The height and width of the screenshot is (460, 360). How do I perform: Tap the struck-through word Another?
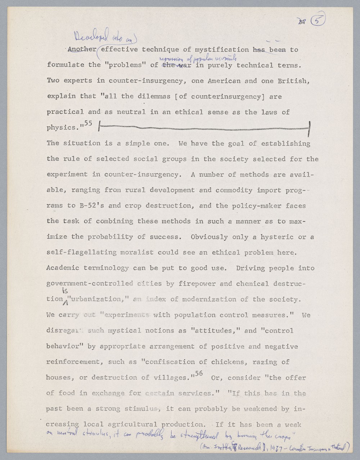click(x=82, y=50)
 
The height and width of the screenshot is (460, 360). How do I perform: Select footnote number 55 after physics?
click(x=88, y=123)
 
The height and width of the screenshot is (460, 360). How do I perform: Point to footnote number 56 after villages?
click(x=199, y=374)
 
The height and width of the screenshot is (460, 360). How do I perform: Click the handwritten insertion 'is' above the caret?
click(x=65, y=291)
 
